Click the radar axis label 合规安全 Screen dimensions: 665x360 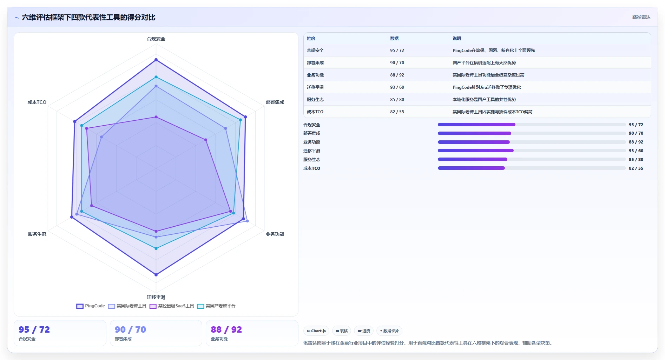[156, 39]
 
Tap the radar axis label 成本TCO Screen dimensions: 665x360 [37, 102]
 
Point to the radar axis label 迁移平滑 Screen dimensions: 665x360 [156, 297]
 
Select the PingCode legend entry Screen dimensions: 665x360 [91, 306]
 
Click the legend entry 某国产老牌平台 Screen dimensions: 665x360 [216, 306]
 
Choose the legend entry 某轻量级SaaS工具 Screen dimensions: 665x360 [172, 306]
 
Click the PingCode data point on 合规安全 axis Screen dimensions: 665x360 [156, 60]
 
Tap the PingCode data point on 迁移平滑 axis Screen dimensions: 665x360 [156, 275]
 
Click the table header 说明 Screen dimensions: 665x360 [457, 39]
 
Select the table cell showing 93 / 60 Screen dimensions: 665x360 [397, 87]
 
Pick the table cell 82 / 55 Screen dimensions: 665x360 [397, 112]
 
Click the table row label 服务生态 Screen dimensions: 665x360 [315, 100]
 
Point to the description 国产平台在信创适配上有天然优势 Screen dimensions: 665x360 [484, 63]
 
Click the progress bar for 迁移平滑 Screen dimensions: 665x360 [532, 151]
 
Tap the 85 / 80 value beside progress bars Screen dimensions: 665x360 [636, 160]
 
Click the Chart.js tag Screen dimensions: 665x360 [316, 331]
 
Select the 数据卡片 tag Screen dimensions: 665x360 [389, 331]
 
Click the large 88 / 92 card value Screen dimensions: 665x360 [226, 329]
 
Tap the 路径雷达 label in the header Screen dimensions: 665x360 [641, 17]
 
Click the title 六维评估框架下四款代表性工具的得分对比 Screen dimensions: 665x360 [88, 17]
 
